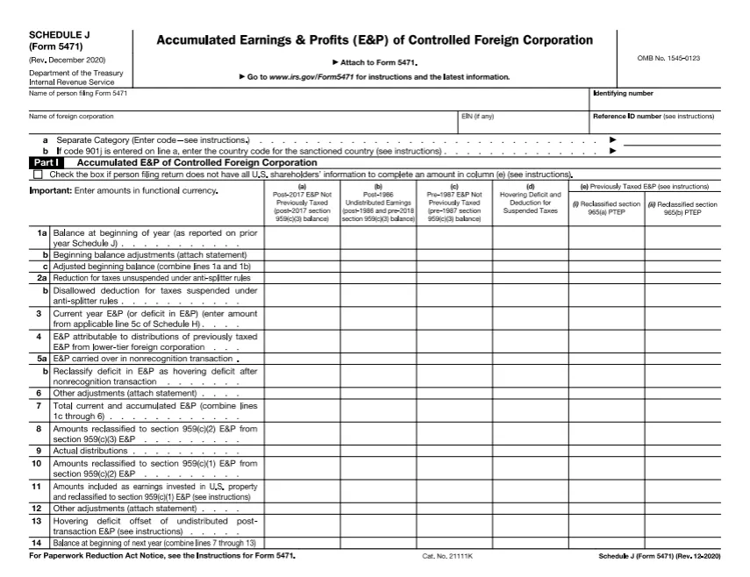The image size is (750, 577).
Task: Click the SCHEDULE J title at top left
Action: [61, 35]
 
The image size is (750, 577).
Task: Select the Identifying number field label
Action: [623, 94]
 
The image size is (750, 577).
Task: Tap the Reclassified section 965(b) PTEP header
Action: [682, 208]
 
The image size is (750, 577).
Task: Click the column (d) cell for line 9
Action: [530, 451]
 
